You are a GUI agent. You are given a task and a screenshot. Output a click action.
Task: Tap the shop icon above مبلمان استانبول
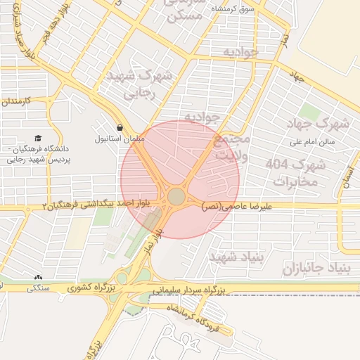(121, 129)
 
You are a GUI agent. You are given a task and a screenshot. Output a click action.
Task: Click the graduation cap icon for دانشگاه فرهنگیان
(37, 139)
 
